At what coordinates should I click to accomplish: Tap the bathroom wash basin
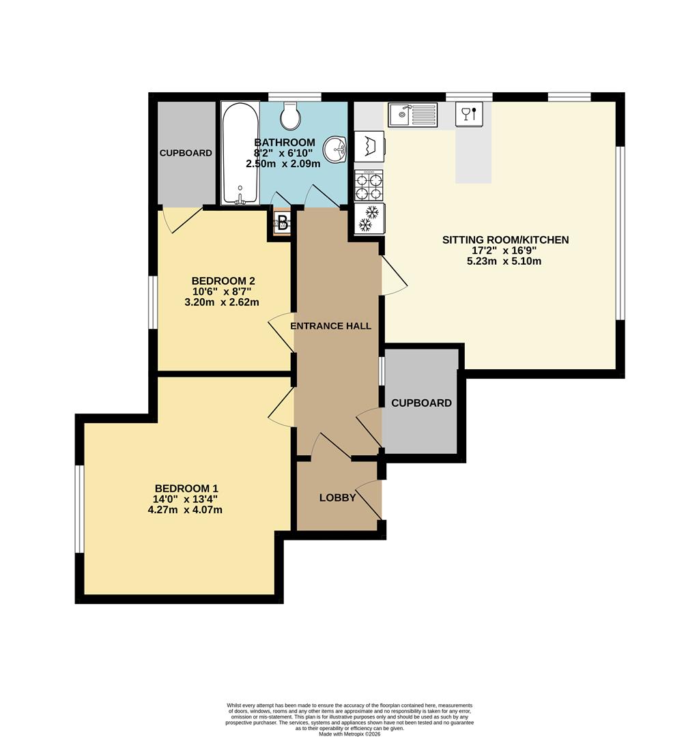[334, 148]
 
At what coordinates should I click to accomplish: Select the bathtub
[240, 153]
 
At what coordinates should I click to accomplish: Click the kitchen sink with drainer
[412, 115]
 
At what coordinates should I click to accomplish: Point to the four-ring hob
[369, 186]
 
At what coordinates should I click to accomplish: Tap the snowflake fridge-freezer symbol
[369, 218]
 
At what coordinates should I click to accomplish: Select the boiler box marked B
[281, 222]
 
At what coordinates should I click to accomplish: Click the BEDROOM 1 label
[186, 489]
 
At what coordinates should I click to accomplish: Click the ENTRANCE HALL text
[331, 326]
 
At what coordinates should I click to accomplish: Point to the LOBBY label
[338, 498]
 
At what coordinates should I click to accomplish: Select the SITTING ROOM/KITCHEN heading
[505, 240]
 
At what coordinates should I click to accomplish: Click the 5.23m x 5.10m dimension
[504, 261]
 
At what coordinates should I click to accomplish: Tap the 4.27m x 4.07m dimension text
[186, 509]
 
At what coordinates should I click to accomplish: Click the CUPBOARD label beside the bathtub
[186, 154]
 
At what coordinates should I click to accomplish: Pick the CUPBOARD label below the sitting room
[421, 403]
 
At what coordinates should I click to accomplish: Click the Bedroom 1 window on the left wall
[79, 508]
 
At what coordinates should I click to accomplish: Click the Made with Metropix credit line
[350, 733]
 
